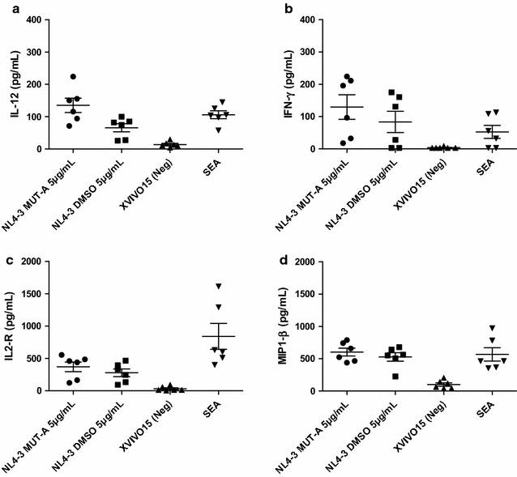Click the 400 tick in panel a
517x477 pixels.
[36, 19]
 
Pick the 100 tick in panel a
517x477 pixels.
[36, 117]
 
